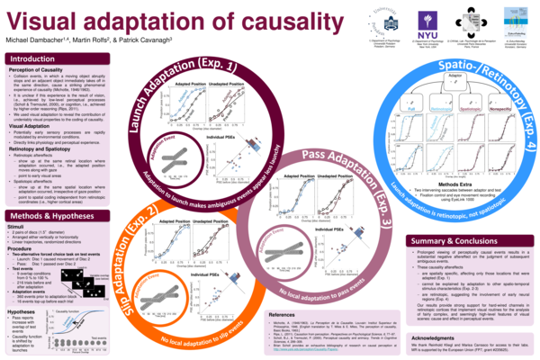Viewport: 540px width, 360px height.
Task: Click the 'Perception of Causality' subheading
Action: (35, 69)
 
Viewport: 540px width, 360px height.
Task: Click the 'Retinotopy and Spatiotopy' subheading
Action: (40, 151)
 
